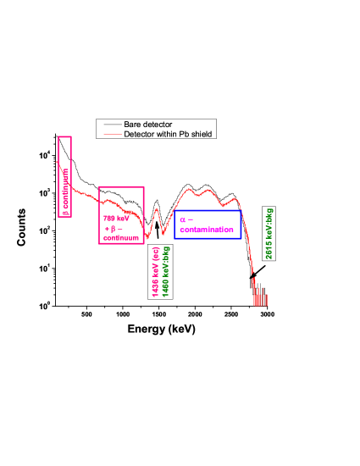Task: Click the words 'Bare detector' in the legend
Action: click(x=148, y=125)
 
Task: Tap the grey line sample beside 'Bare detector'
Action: click(x=110, y=125)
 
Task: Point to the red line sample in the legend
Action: click(x=110, y=134)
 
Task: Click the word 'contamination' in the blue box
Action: click(x=207, y=230)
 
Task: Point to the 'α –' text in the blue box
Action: click(x=186, y=219)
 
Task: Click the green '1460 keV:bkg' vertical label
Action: click(x=166, y=269)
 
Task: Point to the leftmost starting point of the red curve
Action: click(x=58, y=160)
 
